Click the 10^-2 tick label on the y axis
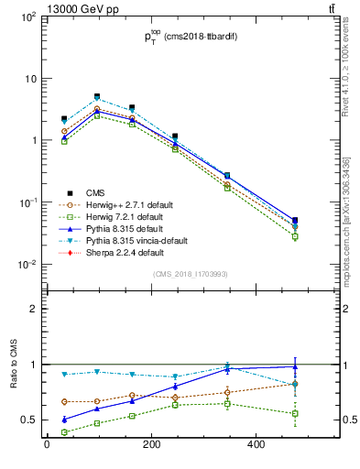[x=27, y=265]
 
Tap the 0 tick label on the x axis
[x=47, y=446]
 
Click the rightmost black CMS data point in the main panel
[x=294, y=221]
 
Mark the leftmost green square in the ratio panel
[x=64, y=432]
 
